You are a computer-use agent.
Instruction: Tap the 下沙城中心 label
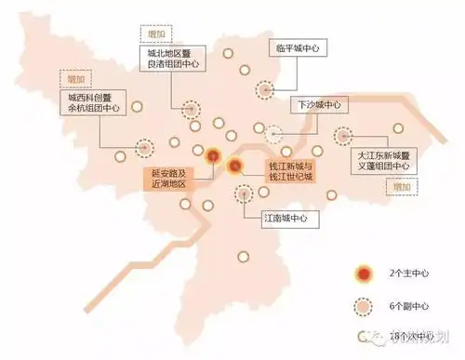coord(320,105)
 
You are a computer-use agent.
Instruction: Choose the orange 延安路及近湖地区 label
coord(168,179)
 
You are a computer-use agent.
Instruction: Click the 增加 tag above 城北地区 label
coord(154,33)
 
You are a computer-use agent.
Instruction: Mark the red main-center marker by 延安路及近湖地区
coord(213,157)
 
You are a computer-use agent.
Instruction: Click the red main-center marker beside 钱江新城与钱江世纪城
coord(236,168)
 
